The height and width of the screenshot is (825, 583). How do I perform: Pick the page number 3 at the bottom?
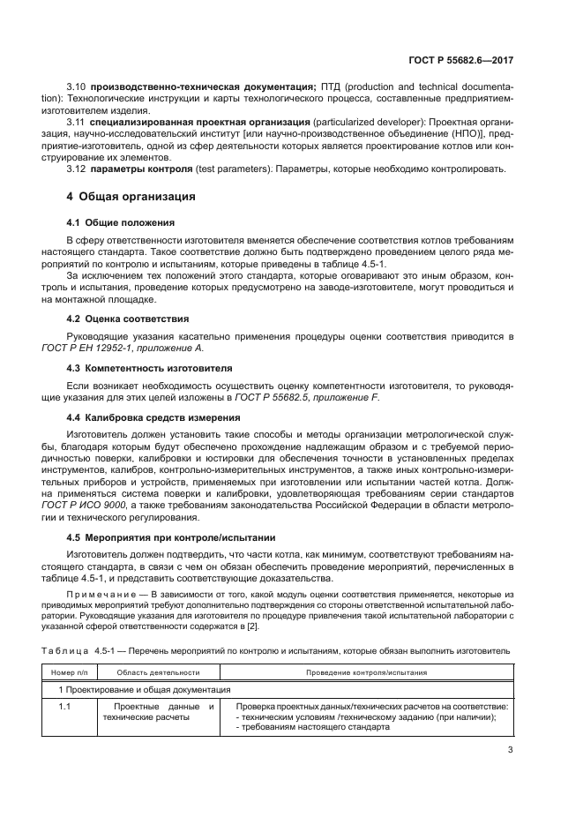(x=510, y=750)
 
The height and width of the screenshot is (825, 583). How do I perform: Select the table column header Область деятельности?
(x=158, y=671)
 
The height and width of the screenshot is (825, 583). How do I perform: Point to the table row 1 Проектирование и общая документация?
(x=145, y=689)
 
